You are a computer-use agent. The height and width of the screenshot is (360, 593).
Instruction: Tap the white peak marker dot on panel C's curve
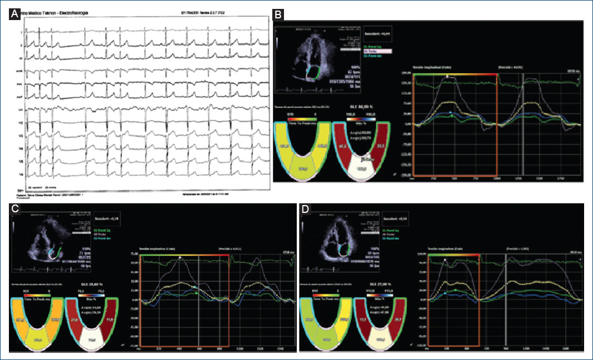click(180, 257)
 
